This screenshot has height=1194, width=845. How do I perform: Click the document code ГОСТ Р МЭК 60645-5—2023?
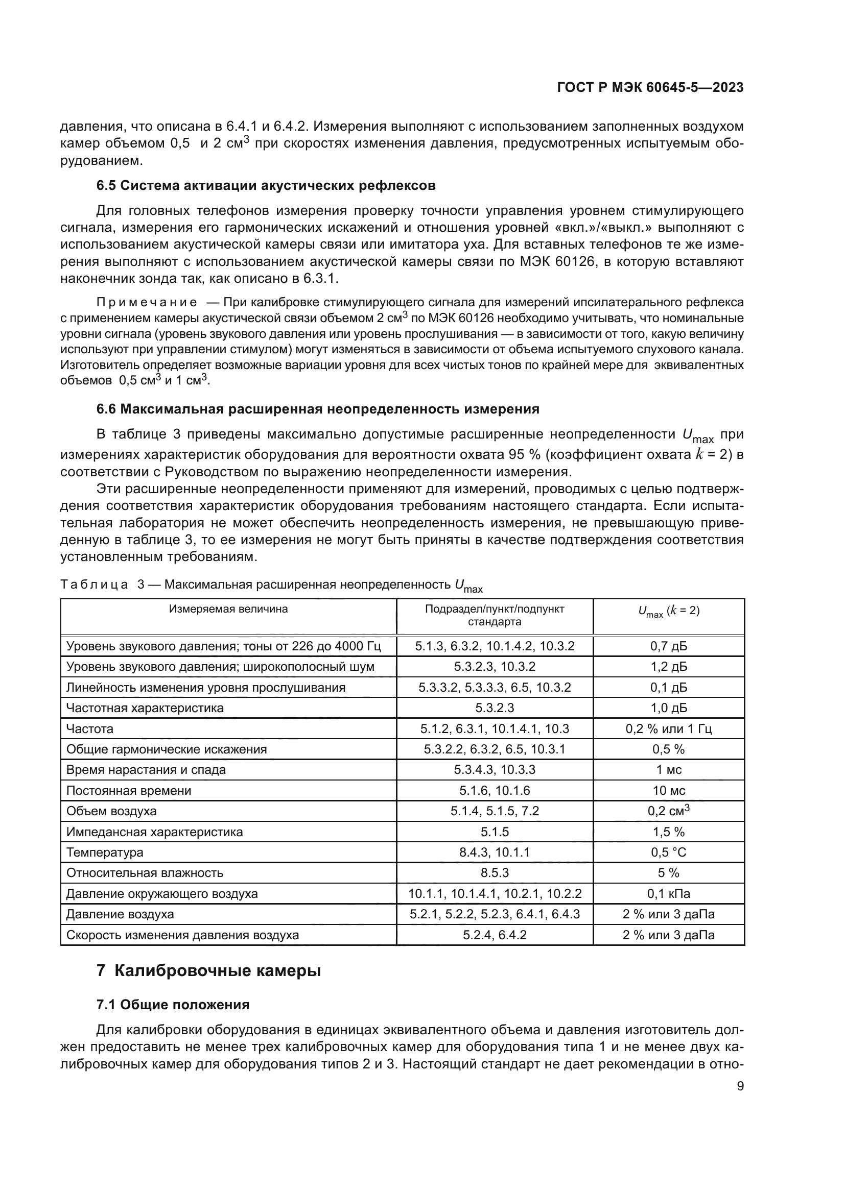click(x=650, y=87)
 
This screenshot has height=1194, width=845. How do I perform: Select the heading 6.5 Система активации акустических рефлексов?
click(x=266, y=186)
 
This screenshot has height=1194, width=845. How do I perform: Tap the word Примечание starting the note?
click(x=147, y=303)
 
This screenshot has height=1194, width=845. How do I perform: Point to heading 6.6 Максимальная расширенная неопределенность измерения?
click(x=318, y=409)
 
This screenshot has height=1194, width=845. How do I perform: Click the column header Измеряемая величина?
click(x=228, y=609)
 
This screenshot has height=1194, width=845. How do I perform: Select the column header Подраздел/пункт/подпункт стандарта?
click(x=495, y=615)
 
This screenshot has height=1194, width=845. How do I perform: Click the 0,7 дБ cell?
click(x=669, y=646)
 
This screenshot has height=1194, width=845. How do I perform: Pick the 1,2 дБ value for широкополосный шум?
click(x=669, y=667)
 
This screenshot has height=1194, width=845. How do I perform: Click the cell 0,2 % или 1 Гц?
click(x=669, y=728)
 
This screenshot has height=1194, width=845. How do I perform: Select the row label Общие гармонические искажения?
click(x=167, y=749)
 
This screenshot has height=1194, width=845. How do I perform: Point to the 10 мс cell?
click(x=669, y=790)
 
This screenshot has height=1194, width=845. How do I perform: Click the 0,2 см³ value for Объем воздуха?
click(x=669, y=811)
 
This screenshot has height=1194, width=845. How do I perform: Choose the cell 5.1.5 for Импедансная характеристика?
click(x=495, y=832)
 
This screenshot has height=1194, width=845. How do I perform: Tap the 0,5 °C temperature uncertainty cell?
click(x=669, y=852)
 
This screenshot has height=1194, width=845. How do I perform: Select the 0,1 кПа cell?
click(x=669, y=893)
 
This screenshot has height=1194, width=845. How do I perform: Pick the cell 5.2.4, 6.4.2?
click(x=495, y=935)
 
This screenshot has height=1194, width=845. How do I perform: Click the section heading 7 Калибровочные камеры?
click(x=208, y=971)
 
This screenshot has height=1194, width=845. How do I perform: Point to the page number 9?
click(x=740, y=1086)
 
